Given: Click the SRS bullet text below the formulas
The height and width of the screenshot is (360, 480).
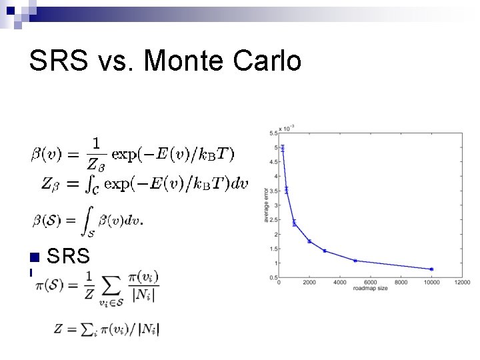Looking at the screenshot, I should [x=69, y=257].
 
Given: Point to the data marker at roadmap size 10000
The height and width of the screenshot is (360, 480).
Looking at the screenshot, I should [x=431, y=269].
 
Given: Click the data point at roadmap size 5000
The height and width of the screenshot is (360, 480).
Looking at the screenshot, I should [x=355, y=261].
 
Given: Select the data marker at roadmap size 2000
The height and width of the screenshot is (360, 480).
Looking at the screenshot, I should [x=309, y=241].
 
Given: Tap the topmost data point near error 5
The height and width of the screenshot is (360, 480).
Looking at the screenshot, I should [x=282, y=148].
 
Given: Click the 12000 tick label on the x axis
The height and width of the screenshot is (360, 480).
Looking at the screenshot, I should [x=461, y=283].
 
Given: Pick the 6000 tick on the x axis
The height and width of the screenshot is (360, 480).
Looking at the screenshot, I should [x=370, y=283].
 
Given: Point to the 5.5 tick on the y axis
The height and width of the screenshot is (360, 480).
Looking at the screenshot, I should [x=273, y=133].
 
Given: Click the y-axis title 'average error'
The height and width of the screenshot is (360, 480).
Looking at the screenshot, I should [x=267, y=205].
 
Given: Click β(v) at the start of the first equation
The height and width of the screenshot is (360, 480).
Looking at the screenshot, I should [x=44, y=155].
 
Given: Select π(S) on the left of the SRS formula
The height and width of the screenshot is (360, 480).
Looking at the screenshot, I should [x=51, y=285].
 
